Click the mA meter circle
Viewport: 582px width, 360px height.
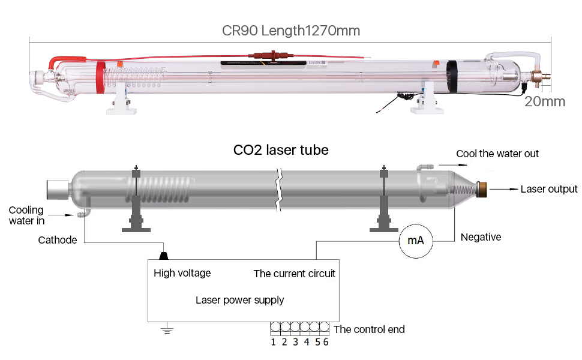[416, 241]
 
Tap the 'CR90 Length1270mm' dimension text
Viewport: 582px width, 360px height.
[291, 31]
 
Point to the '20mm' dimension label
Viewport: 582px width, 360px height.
[544, 101]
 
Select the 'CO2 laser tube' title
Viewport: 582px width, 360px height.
[281, 149]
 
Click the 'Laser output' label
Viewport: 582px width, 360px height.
[548, 189]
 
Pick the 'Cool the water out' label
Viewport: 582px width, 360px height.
[497, 154]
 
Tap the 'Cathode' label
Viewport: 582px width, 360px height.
[58, 240]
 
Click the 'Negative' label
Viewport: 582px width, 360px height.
[481, 237]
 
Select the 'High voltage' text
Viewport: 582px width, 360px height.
[182, 273]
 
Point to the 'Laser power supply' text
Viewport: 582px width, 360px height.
[239, 299]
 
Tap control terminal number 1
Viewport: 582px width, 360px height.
[274, 343]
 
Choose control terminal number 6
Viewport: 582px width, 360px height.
[326, 343]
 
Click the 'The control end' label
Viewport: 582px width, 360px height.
[369, 329]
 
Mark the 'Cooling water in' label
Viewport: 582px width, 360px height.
[26, 215]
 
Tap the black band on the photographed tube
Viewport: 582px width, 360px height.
[451, 77]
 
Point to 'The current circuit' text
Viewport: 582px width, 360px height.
[294, 274]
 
